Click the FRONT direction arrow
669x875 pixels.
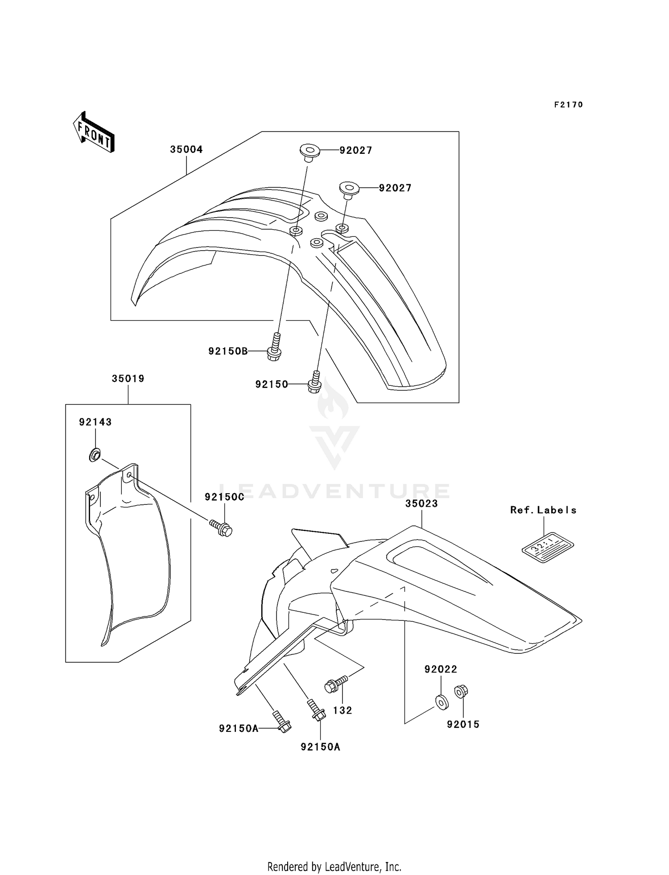[x=94, y=132]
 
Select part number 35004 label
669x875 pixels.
[x=186, y=149]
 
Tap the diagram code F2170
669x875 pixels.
[x=569, y=105]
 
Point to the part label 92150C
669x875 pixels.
[x=224, y=497]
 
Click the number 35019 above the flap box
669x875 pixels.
[x=128, y=379]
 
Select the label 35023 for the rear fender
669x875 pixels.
[x=421, y=504]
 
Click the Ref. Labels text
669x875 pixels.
[x=543, y=510]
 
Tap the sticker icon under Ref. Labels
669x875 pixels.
[x=547, y=546]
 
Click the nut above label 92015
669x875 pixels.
[x=461, y=692]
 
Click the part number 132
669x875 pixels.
[x=343, y=710]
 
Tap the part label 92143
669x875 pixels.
[x=95, y=422]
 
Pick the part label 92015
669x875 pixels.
[x=463, y=724]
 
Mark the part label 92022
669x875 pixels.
[x=441, y=669]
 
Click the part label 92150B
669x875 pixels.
[x=228, y=351]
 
